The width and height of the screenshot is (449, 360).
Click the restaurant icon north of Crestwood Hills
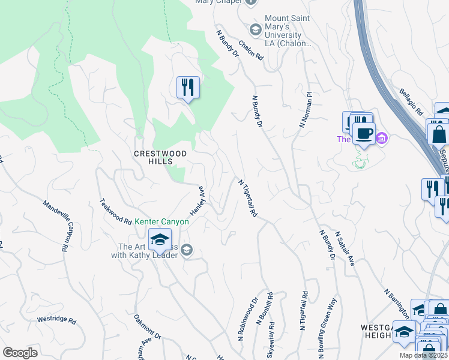tap(188, 88)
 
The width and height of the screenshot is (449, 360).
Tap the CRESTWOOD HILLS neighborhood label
tap(160, 154)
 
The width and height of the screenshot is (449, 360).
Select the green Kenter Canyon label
tap(161, 221)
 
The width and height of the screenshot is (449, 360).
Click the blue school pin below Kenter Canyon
tap(160, 241)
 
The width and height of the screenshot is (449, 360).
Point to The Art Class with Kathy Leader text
tap(144, 251)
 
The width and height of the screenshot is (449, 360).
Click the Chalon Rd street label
tap(251, 49)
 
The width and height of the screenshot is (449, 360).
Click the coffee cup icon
tap(363, 133)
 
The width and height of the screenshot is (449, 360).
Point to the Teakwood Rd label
tap(115, 212)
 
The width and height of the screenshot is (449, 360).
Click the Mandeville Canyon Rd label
tap(58, 225)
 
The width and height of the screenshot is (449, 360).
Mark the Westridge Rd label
tap(56, 320)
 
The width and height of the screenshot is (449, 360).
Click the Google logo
tap(20, 352)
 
